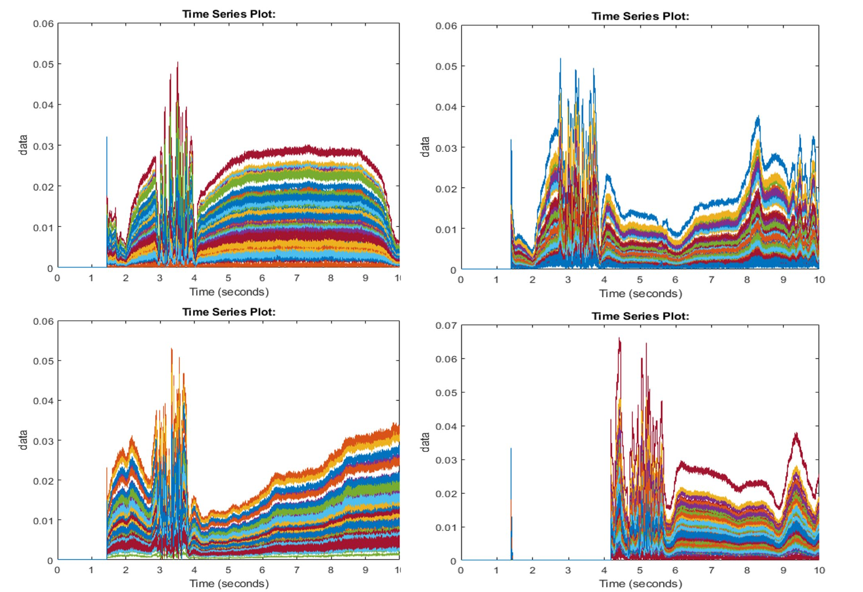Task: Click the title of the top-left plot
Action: (x=229, y=14)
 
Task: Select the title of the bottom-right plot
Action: (x=640, y=316)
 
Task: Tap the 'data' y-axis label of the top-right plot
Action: (x=425, y=147)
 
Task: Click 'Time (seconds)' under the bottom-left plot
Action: (x=229, y=583)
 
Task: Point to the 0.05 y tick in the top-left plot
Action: (x=43, y=64)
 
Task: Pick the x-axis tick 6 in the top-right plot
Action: (x=675, y=279)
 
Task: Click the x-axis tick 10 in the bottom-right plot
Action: (x=818, y=570)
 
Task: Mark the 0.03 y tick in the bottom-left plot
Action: (x=43, y=441)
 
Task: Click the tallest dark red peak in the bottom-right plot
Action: (x=619, y=339)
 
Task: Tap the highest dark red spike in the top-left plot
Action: (x=178, y=63)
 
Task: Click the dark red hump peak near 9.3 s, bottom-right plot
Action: (x=796, y=434)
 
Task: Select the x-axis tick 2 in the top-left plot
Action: (x=126, y=278)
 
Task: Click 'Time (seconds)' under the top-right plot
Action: (x=640, y=293)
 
